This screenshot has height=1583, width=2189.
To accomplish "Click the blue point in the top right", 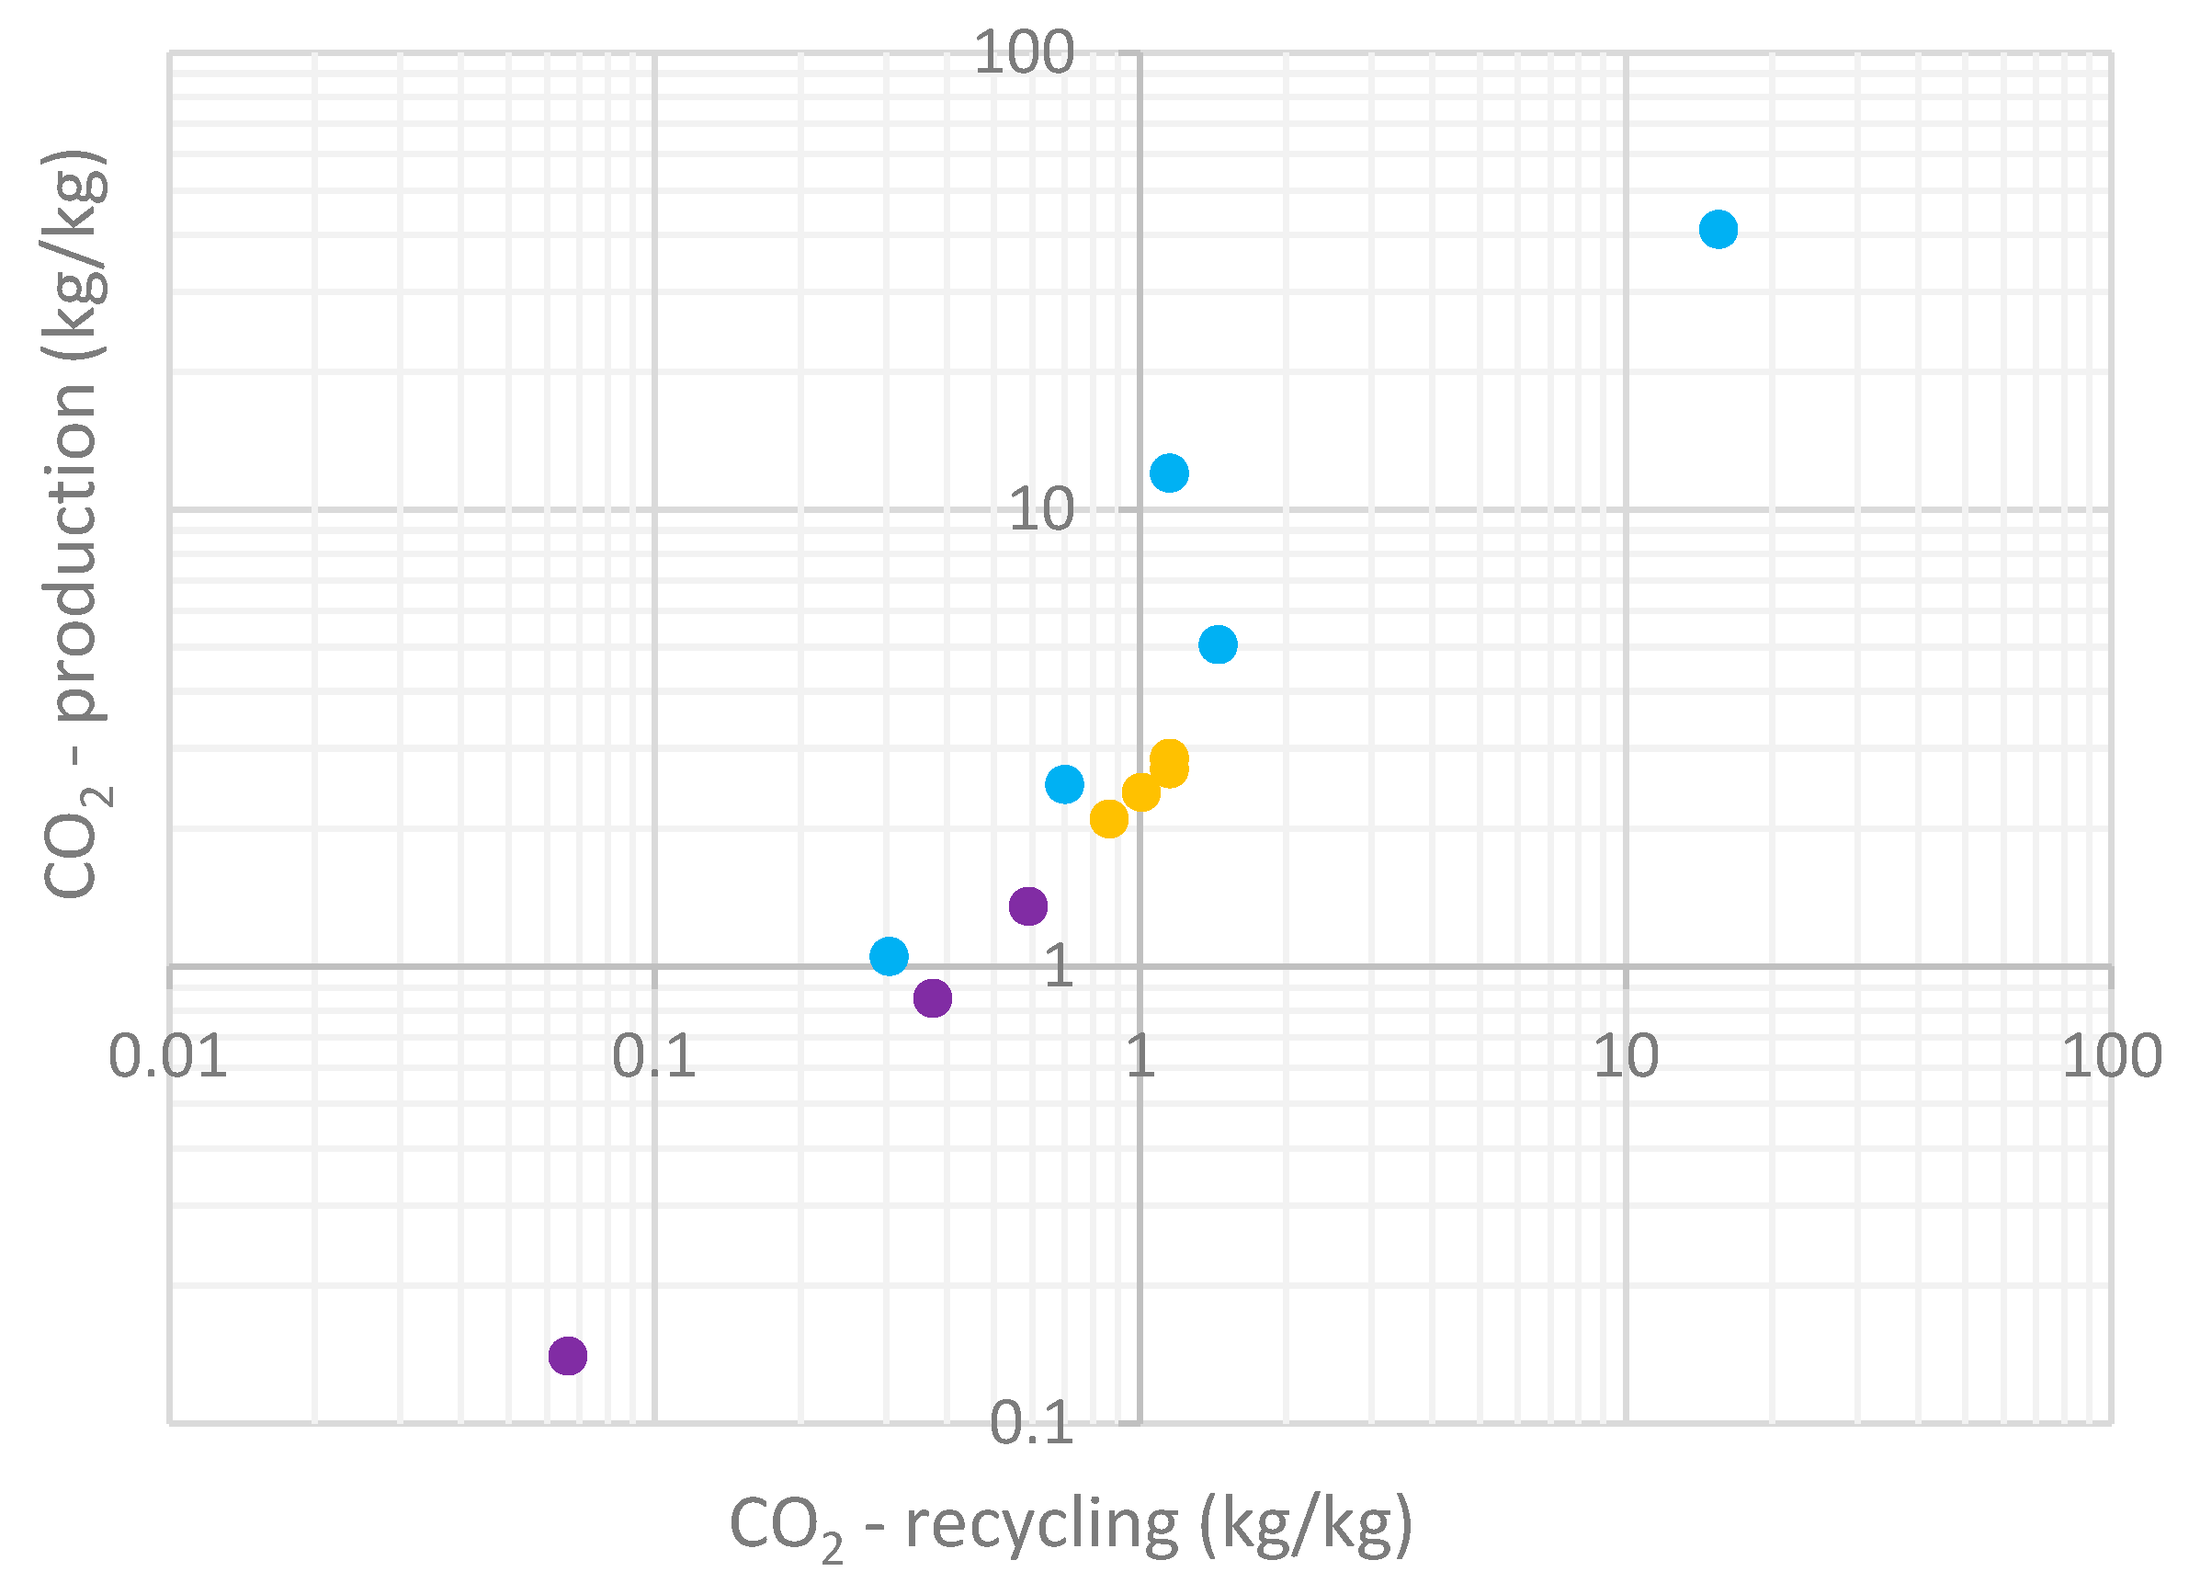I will click(x=1718, y=230).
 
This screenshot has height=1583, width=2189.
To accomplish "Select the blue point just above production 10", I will click(x=1169, y=473).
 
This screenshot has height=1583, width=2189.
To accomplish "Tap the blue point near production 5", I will click(x=1218, y=643).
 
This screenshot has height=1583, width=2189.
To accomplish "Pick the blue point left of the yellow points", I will click(x=1064, y=784).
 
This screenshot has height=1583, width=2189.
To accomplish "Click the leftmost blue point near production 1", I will click(x=889, y=956).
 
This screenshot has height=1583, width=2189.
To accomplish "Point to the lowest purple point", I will click(x=568, y=1355).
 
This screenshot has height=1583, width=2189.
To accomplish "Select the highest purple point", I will click(x=1028, y=905).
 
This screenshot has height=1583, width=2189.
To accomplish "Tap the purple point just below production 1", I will click(x=933, y=997).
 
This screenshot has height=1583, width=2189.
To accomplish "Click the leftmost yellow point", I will click(x=1109, y=819).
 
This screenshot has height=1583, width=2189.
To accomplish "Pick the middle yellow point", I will click(x=1140, y=792).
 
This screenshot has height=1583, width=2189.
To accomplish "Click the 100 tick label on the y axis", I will click(x=1023, y=52).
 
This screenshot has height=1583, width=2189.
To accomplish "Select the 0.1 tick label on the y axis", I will click(x=1031, y=1423).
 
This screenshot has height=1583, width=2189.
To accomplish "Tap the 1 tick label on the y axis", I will click(x=1059, y=965).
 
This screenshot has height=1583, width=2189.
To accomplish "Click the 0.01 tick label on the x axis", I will click(x=168, y=1056).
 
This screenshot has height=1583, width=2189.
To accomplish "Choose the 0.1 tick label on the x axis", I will click(x=653, y=1056).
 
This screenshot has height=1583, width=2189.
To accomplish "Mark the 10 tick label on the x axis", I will click(x=1626, y=1056).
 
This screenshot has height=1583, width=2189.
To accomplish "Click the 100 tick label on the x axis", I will click(x=2112, y=1056).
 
